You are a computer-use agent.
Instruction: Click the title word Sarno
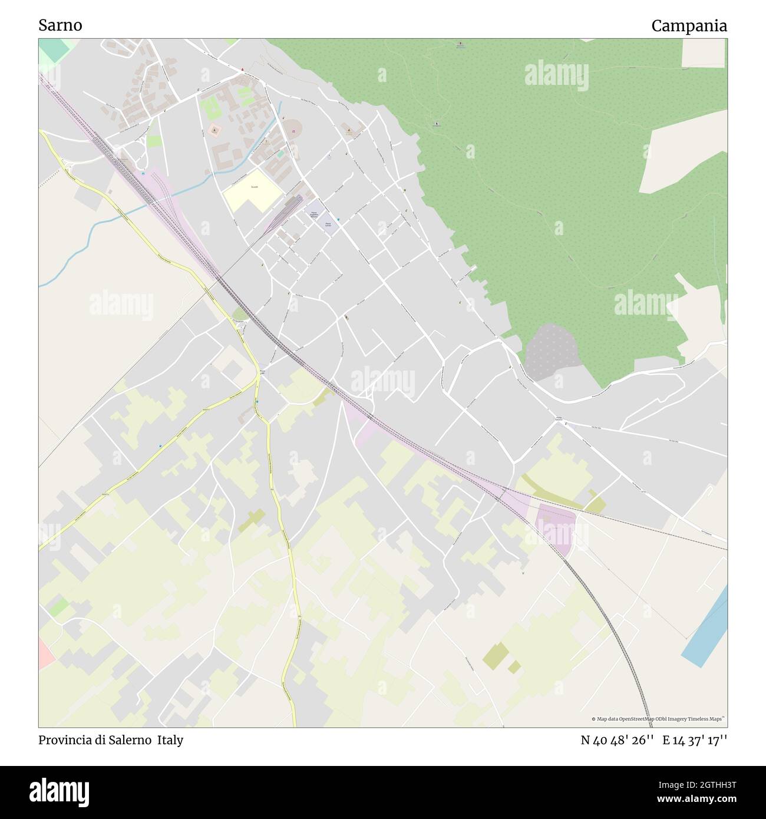(60, 25)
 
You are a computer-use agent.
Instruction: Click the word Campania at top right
(689, 26)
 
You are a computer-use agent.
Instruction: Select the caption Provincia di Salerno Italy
(111, 740)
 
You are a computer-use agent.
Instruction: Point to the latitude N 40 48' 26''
(618, 740)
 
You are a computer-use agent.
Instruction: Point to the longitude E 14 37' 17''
(695, 740)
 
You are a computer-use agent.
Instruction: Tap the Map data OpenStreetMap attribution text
(658, 719)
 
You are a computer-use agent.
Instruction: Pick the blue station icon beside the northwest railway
(141, 174)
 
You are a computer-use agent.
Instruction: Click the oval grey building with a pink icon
(293, 127)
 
